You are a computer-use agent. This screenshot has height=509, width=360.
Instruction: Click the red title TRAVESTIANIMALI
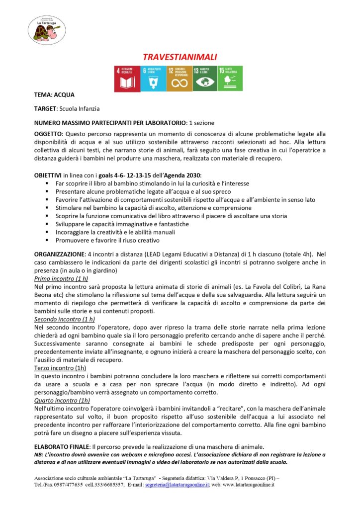click(180, 57)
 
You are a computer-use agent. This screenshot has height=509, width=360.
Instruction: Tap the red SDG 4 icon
click(127, 79)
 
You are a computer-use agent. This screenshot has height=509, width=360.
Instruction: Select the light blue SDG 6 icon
click(153, 79)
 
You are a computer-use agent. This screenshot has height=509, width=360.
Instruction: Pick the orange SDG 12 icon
click(179, 79)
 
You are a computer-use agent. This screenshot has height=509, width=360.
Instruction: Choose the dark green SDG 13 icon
click(205, 79)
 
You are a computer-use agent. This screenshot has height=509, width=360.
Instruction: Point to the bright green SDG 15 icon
click(230, 79)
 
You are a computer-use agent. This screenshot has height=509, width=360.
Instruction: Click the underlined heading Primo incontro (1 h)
click(61, 279)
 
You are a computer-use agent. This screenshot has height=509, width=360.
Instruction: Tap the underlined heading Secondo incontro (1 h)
click(65, 319)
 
